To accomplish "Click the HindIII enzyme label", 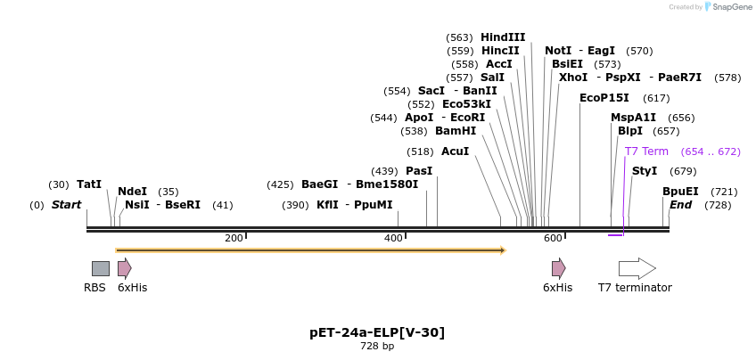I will click(x=503, y=37).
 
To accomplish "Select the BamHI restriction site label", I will click(x=456, y=131).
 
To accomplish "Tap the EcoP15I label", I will click(x=604, y=98).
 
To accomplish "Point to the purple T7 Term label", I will click(x=646, y=151).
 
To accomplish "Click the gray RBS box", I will click(x=101, y=268).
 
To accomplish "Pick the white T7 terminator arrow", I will click(x=637, y=268).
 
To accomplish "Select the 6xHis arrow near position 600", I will click(x=558, y=268).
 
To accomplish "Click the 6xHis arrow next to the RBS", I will click(x=125, y=268).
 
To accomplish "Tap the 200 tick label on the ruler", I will click(x=234, y=238).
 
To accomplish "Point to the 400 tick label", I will click(x=393, y=238).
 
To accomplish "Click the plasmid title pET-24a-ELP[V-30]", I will click(x=377, y=332).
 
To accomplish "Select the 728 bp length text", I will click(x=377, y=346).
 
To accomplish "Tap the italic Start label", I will click(x=66, y=205).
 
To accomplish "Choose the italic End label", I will click(x=681, y=205).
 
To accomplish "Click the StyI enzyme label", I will click(x=645, y=171).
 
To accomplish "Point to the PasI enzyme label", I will click(x=419, y=171).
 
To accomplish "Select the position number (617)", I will click(x=656, y=98).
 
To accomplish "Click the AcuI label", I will click(x=455, y=151).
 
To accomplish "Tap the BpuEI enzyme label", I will click(x=680, y=192).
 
